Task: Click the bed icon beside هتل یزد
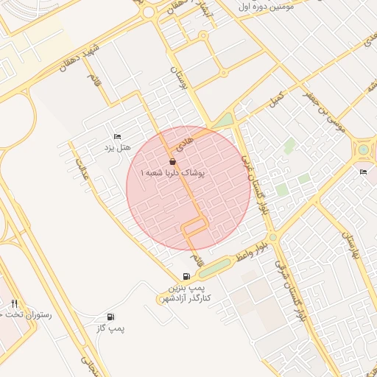117,137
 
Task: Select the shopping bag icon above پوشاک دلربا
172,161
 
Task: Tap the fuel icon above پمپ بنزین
185,275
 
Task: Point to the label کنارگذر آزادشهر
184,297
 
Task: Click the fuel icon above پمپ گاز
110,317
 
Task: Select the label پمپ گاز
111,328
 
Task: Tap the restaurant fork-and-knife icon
14,303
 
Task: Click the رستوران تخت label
28,314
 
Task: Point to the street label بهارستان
350,236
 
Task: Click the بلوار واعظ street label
247,254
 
